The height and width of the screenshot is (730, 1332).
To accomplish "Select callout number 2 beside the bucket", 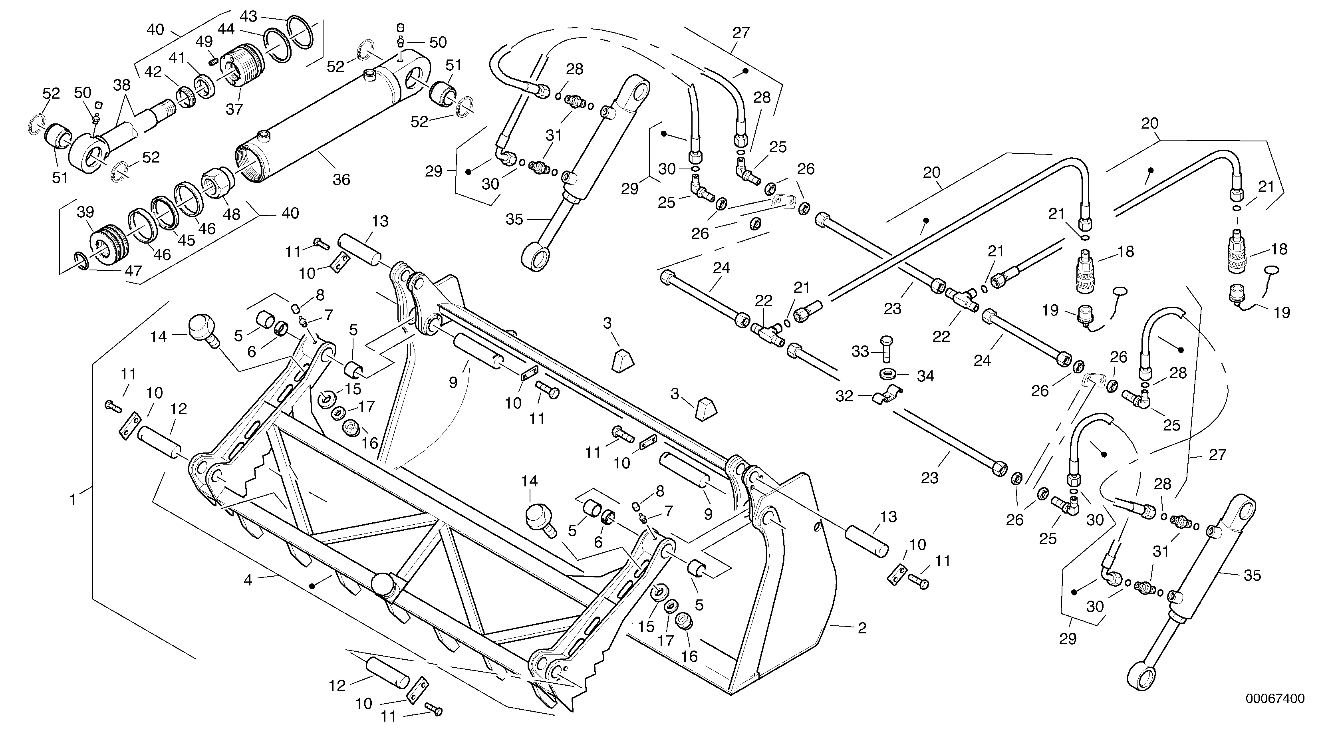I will pos(862,628).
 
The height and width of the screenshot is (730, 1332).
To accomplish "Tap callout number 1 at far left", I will pos(73,500).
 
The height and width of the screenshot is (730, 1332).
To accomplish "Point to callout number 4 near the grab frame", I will pos(248,580).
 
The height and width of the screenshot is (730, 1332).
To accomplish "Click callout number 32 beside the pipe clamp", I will pos(844,397).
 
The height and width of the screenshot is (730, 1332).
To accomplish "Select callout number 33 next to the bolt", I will pos(860,351).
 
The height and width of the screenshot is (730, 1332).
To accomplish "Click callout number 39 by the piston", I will pos(85,212).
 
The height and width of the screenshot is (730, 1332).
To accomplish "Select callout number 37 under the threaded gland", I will pos(234,109).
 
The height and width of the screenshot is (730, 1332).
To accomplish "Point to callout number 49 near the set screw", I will pos(204,42).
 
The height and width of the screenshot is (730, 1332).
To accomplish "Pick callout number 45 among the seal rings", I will pos(187,240).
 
